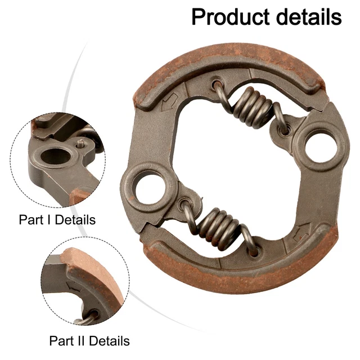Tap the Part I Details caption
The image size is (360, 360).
[57, 219]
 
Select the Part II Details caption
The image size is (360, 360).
[89, 340]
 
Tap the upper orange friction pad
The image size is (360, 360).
[236, 62]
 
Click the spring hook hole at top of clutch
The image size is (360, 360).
[217, 85]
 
